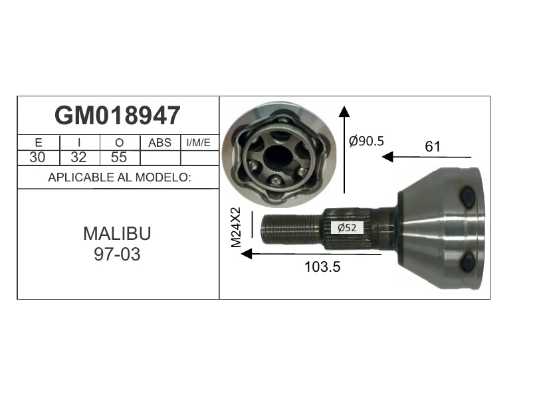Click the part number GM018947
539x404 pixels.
118,116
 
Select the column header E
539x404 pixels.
39,143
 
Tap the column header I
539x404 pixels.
79,143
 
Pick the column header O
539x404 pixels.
119,143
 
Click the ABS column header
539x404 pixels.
160,143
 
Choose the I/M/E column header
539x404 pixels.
198,143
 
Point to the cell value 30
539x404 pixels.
37,157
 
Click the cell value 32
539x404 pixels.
78,157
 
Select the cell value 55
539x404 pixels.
119,157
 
